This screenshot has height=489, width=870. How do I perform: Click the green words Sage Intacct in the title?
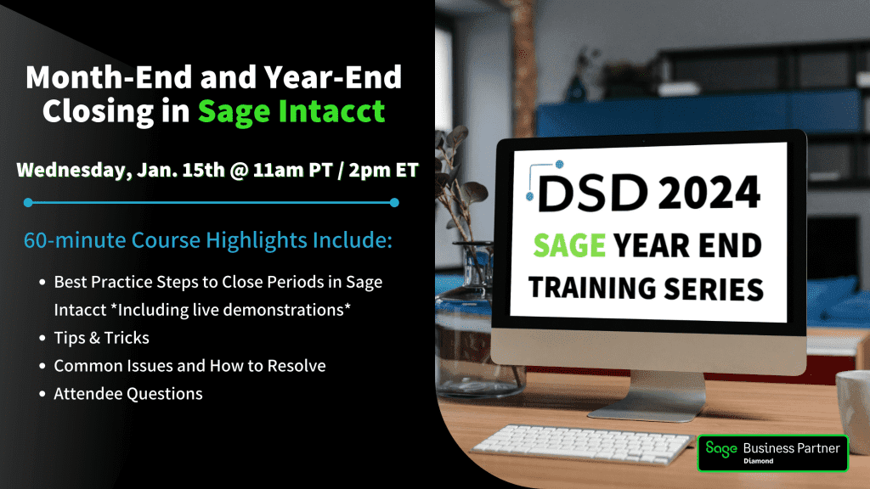291,111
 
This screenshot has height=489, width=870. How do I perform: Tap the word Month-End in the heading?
109,77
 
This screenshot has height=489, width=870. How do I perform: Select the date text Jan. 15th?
181,170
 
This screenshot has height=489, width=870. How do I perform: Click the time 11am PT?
292,170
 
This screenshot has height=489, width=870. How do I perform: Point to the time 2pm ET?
383,170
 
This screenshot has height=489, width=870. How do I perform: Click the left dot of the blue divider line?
28,203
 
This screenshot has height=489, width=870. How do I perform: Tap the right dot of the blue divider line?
394,203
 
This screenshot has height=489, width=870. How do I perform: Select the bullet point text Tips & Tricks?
102,338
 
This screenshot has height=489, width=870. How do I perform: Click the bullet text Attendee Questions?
128,394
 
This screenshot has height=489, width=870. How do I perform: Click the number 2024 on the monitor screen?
709,193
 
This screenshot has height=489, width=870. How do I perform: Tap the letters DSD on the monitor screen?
593,193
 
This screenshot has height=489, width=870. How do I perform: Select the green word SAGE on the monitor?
569,245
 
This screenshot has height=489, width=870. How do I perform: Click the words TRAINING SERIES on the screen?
646,289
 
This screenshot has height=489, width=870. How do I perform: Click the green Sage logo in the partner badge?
721,449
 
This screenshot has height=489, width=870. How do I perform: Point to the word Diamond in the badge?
759,461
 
